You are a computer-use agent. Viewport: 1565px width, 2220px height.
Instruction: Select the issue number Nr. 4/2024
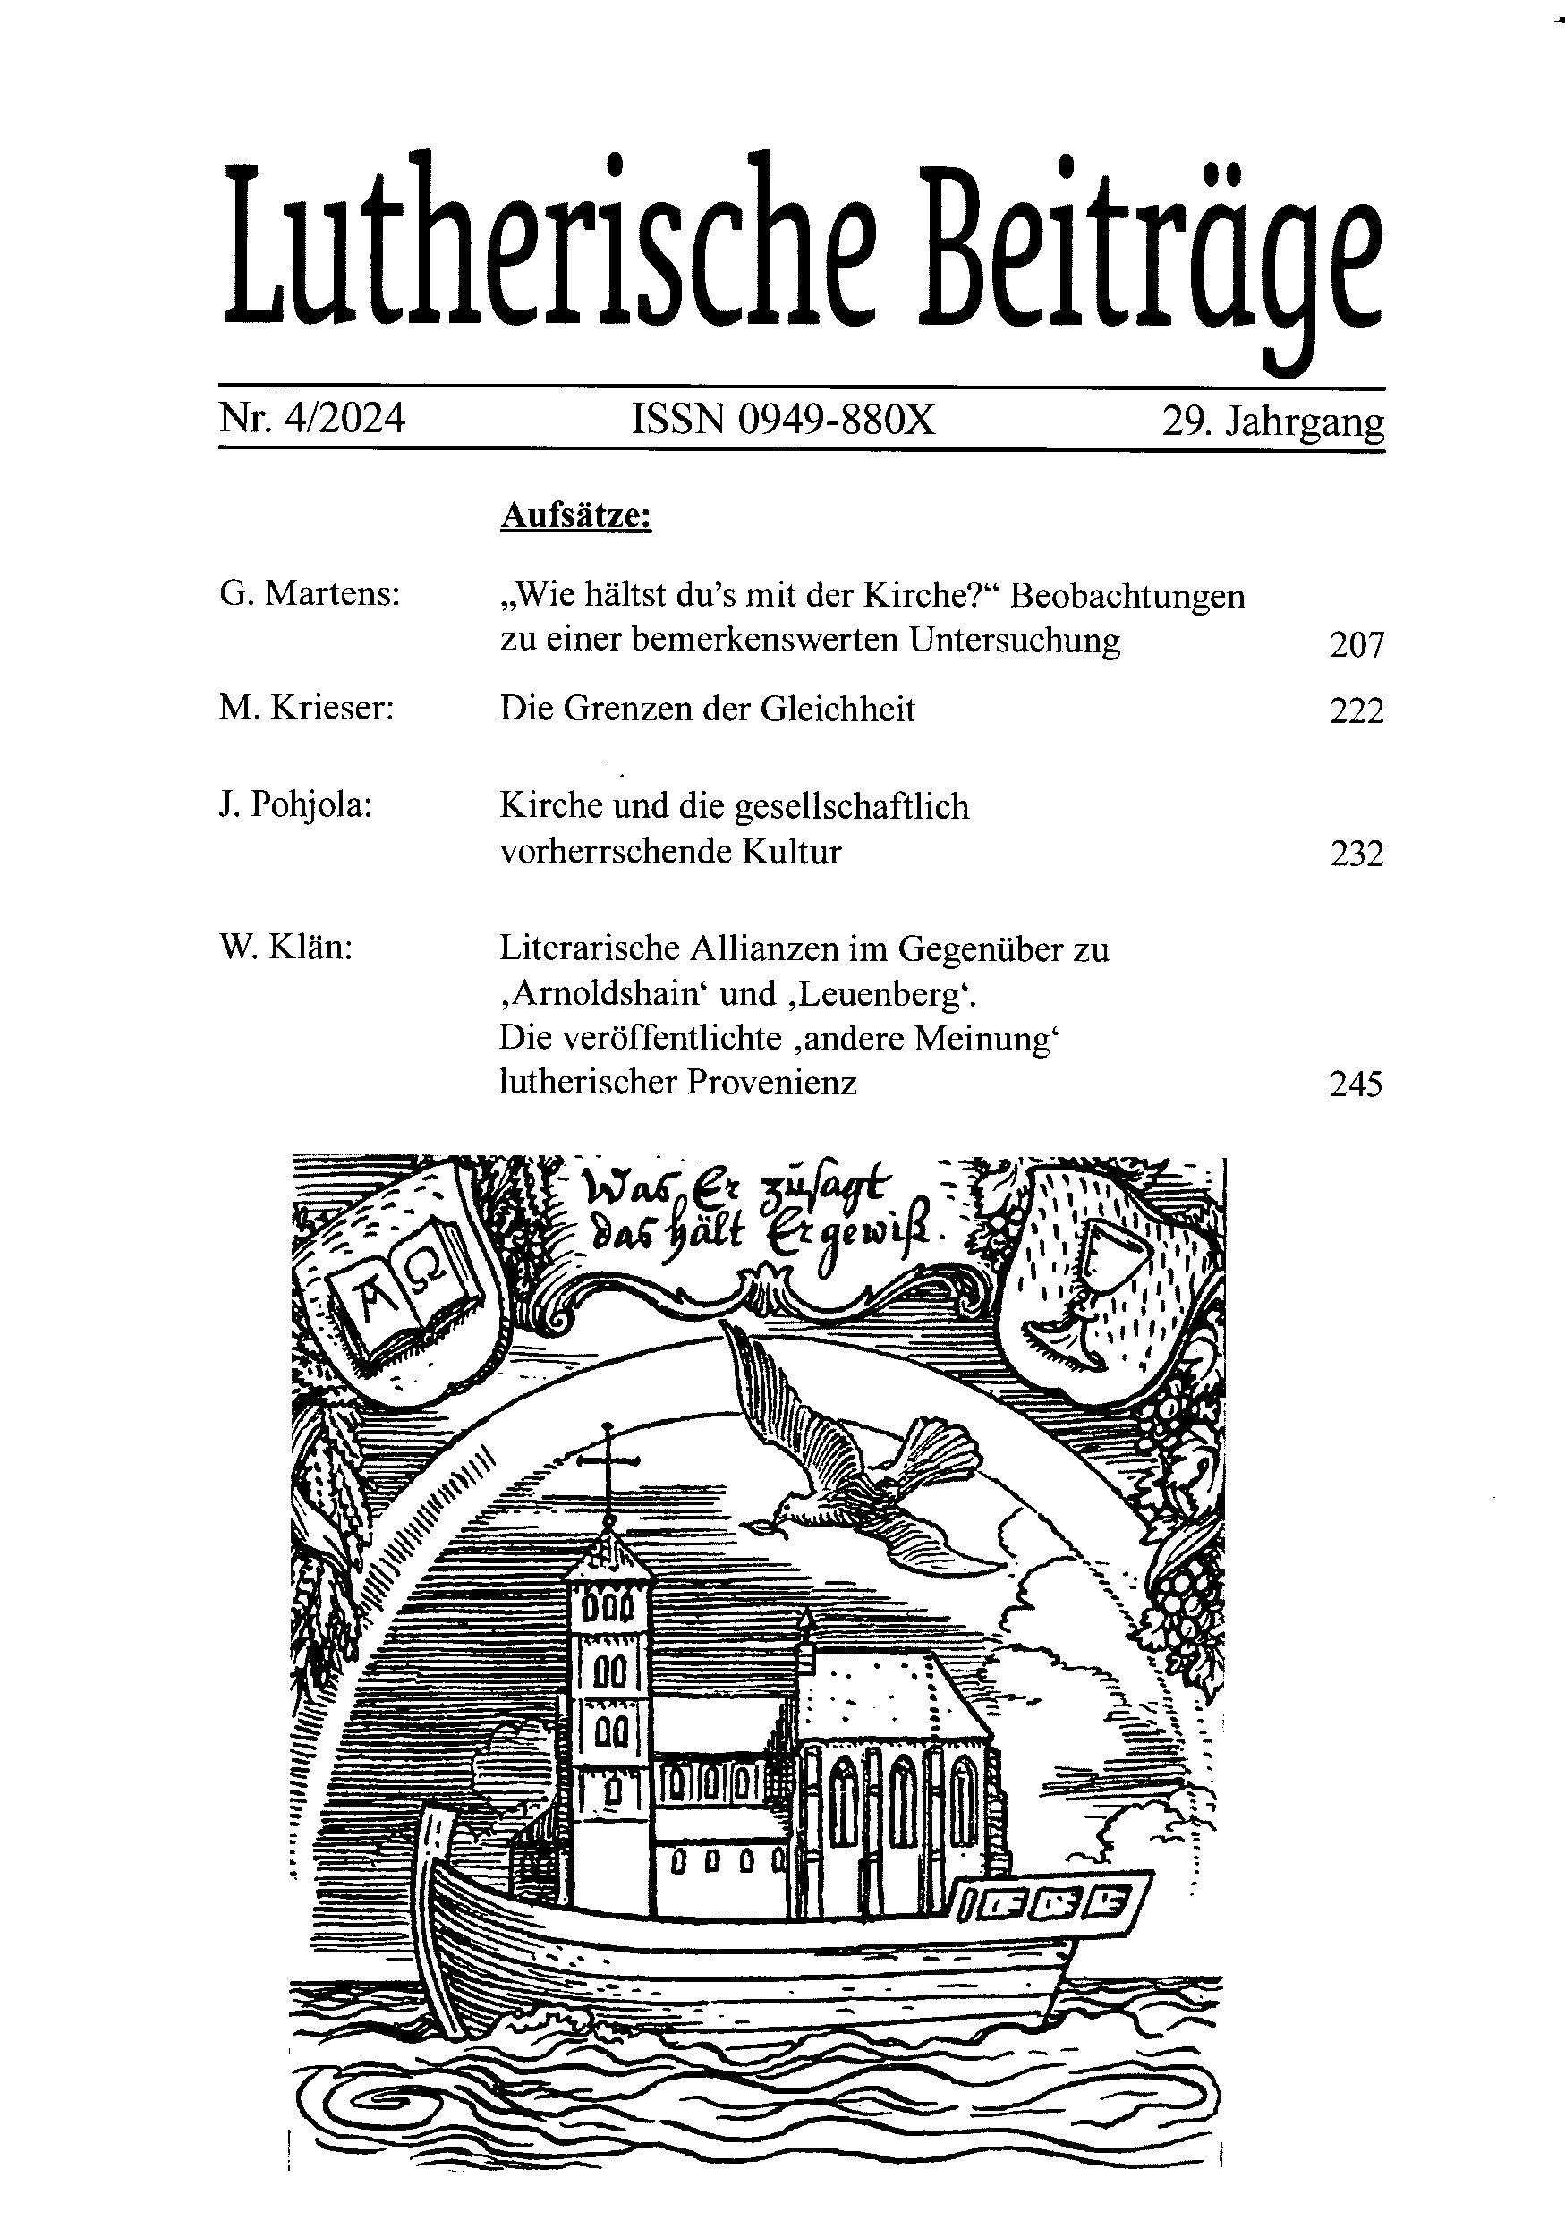tap(311, 420)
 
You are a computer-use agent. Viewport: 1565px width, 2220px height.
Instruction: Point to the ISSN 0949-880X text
tap(783, 420)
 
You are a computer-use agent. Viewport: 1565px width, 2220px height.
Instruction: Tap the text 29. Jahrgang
tap(1272, 421)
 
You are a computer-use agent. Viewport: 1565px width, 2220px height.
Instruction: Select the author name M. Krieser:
tap(306, 709)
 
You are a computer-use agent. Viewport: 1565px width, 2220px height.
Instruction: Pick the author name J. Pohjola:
tap(296, 805)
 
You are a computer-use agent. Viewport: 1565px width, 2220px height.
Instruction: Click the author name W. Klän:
tap(286, 948)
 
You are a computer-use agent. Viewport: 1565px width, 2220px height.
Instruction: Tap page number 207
tap(1357, 644)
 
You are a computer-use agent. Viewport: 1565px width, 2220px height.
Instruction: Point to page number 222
tap(1357, 710)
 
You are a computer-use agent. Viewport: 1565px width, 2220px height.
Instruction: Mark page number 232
tap(1357, 854)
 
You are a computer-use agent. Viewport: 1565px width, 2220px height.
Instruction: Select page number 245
tap(1356, 1084)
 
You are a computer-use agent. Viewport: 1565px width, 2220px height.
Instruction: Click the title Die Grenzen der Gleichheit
tap(707, 709)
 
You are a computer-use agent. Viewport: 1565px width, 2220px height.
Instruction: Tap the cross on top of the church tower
tap(608, 1466)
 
